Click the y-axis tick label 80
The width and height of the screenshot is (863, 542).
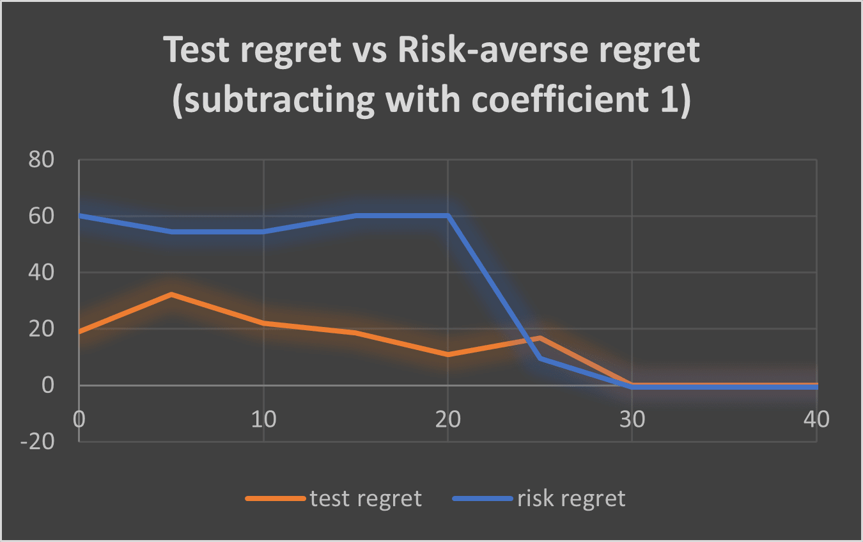point(41,159)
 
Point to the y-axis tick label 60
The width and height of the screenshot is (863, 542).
point(41,216)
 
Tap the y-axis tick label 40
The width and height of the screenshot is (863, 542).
point(41,273)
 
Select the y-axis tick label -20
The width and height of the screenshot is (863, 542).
point(37,442)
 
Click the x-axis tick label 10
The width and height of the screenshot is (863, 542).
point(263,419)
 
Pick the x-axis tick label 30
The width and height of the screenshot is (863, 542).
point(632,419)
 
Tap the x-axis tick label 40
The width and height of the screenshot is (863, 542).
point(816,419)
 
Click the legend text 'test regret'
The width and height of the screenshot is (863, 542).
point(366,498)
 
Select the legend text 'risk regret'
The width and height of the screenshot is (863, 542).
point(571,498)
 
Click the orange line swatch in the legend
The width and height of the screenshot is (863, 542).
point(276,498)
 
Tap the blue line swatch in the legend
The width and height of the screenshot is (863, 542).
point(483,498)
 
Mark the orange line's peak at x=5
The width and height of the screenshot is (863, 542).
point(171,294)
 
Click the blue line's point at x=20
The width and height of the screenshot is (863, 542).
point(447,216)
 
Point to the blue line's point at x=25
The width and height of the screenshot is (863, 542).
point(540,358)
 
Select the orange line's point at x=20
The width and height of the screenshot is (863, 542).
point(447,355)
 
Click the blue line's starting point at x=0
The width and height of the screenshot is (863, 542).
point(80,216)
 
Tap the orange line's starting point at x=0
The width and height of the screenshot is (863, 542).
point(80,331)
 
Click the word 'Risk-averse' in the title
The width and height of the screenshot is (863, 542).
point(493,50)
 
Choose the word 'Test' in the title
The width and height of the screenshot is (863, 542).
point(196,50)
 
